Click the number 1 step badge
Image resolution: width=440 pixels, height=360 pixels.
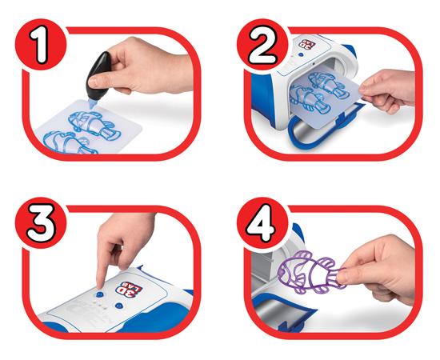tap(41, 44)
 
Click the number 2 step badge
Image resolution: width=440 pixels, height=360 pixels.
tap(262, 44)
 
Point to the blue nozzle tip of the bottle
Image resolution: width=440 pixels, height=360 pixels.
tap(92, 103)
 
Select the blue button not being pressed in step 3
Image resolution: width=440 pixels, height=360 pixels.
tap(119, 306)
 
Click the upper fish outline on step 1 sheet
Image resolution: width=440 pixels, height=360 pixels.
tap(94, 125)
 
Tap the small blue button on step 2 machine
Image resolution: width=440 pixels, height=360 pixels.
tap(301, 55)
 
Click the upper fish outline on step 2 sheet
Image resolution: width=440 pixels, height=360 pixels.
tap(328, 85)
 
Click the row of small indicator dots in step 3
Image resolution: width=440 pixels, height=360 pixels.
tap(101, 306)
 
